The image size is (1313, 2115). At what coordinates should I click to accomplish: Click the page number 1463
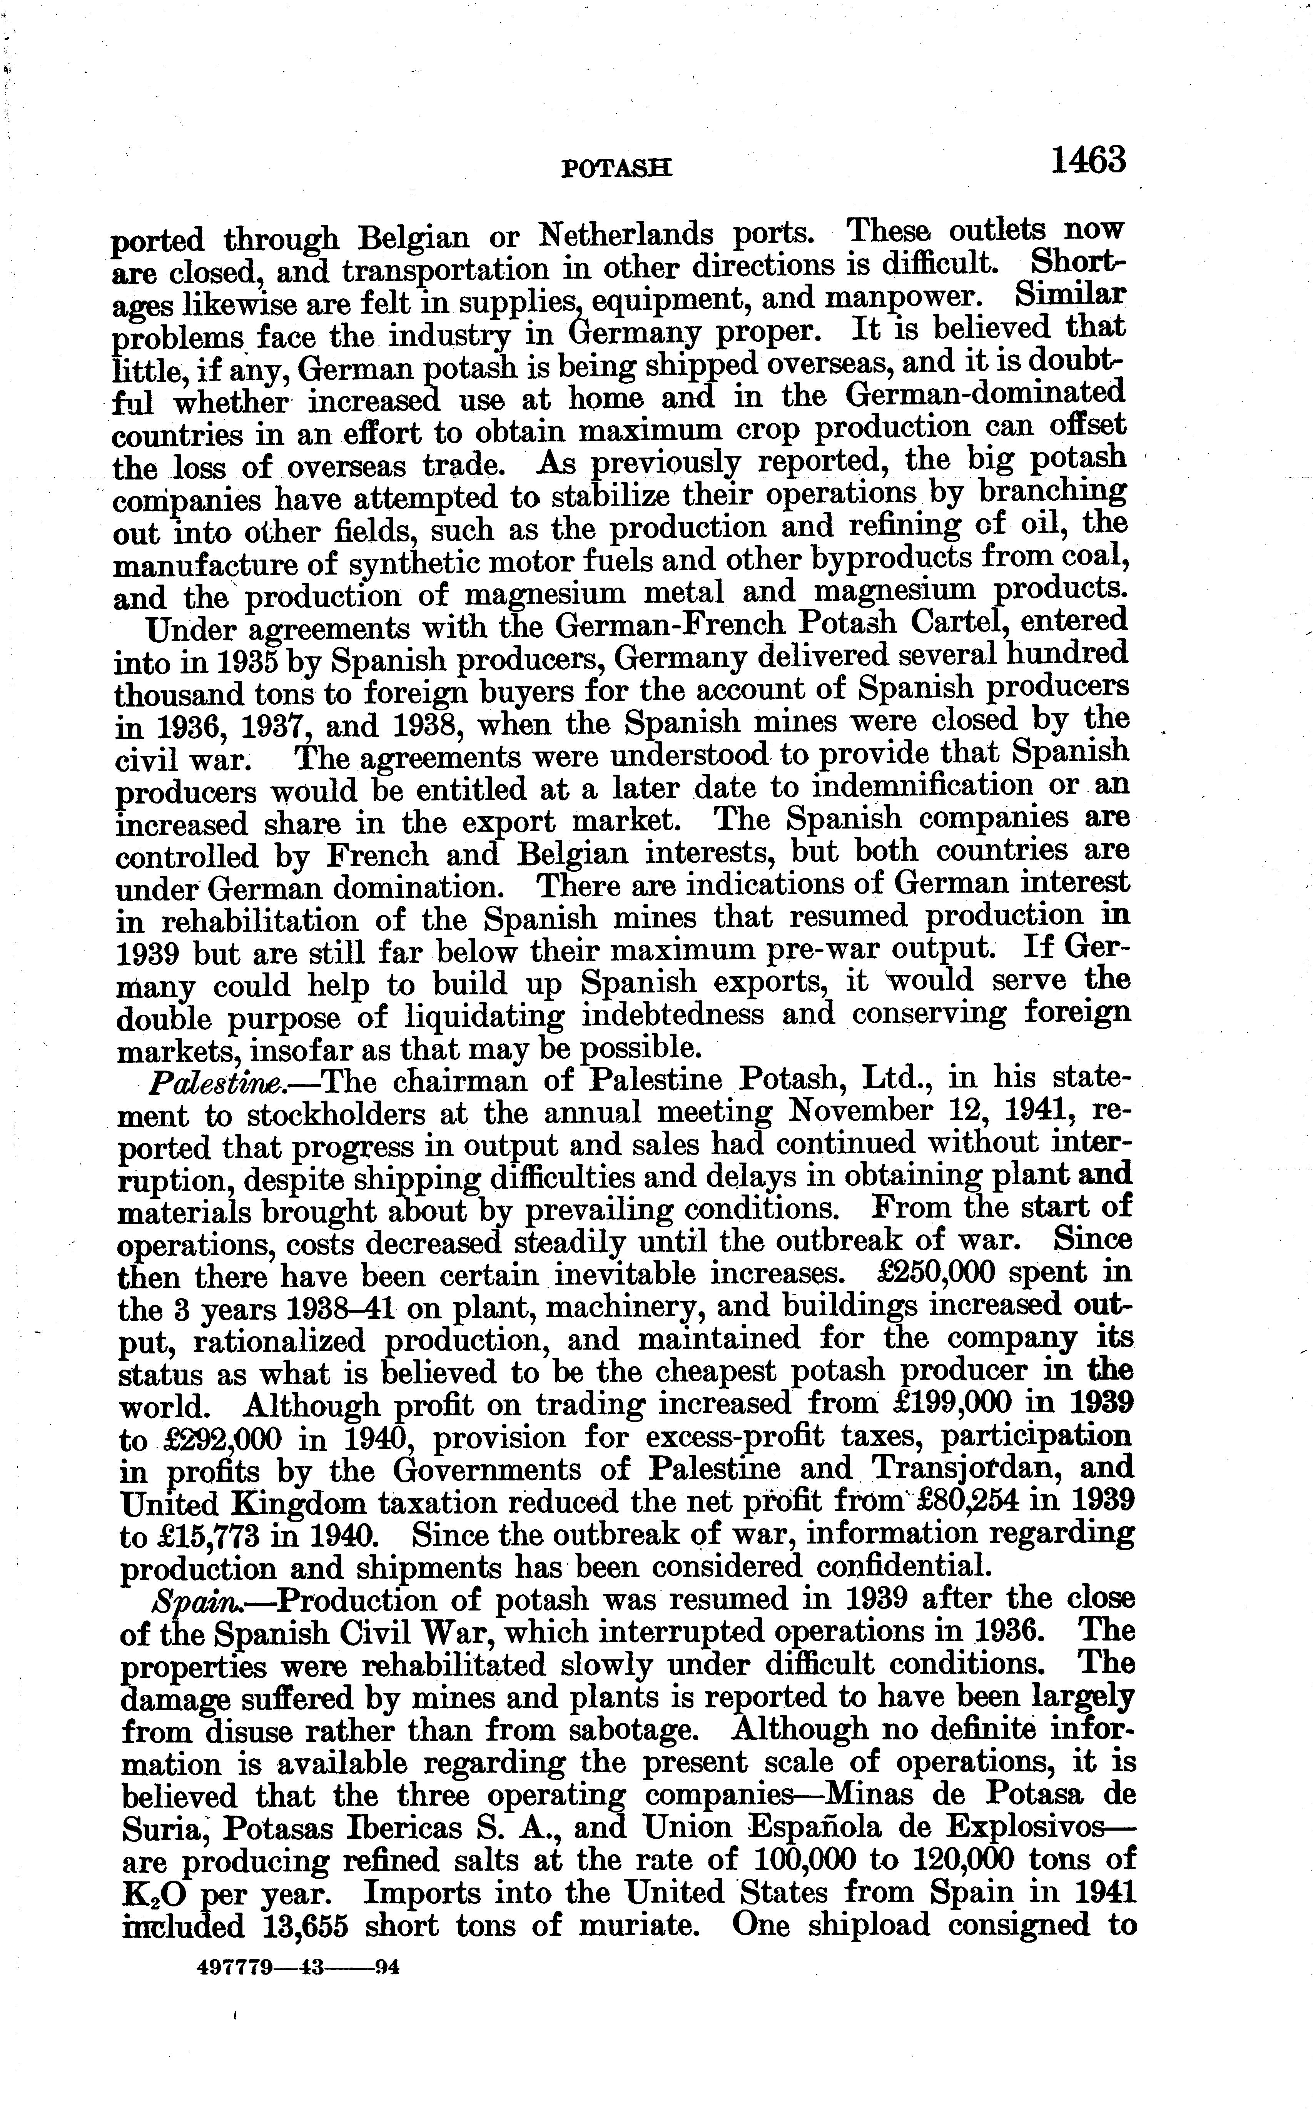(1088, 162)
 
